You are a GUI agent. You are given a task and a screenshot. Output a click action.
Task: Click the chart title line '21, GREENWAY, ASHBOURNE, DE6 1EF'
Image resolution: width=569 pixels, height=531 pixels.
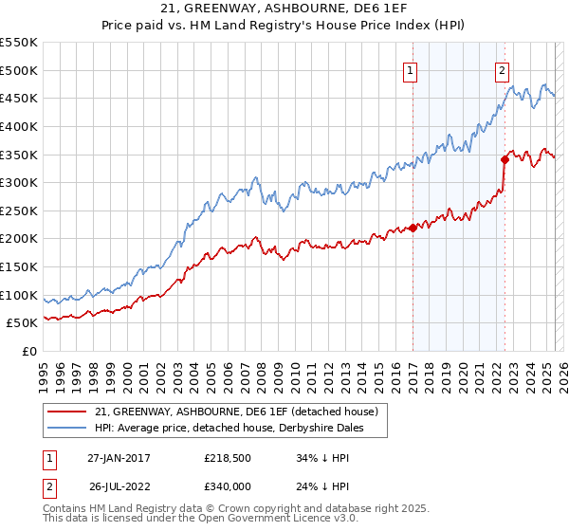tap(284, 10)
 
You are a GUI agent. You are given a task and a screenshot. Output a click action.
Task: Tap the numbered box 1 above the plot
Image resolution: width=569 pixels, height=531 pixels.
tap(412, 69)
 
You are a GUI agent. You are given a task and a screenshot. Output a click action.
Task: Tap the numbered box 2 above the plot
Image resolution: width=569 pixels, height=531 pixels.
tap(501, 69)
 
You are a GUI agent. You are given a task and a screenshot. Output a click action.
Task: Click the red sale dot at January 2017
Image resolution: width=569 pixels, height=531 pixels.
tap(413, 228)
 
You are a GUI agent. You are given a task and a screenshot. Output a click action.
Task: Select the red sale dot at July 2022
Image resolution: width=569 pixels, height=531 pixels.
tap(505, 159)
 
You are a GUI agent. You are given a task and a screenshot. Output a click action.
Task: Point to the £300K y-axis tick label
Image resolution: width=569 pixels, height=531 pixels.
tap(19, 182)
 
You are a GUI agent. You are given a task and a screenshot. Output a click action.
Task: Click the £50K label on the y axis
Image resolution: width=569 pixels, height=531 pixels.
tap(23, 323)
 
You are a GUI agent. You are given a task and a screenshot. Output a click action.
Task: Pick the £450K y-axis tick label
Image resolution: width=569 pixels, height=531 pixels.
tap(19, 98)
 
